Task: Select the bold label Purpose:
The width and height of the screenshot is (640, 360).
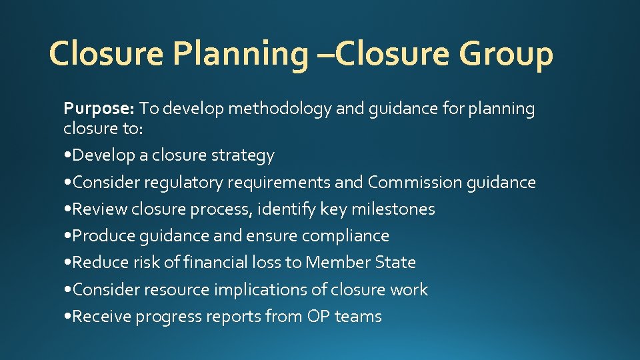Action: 99,108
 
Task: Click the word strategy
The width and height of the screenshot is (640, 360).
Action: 243,155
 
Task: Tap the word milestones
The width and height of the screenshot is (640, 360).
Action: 393,209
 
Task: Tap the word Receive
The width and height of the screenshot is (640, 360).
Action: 101,316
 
